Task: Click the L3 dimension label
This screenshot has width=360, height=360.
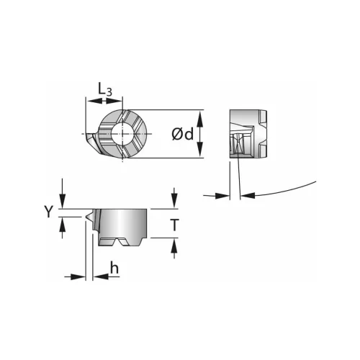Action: click(105, 89)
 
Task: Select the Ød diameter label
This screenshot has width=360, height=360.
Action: click(182, 134)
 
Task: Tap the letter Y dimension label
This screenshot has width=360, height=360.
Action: click(48, 212)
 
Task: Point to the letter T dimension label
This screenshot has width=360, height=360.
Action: click(174, 225)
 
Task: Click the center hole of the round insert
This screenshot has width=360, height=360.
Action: click(122, 133)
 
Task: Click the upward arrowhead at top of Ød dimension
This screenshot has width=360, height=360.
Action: click(200, 118)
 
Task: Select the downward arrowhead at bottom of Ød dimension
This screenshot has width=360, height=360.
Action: click(200, 150)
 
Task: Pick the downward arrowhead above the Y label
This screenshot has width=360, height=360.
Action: click(63, 201)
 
